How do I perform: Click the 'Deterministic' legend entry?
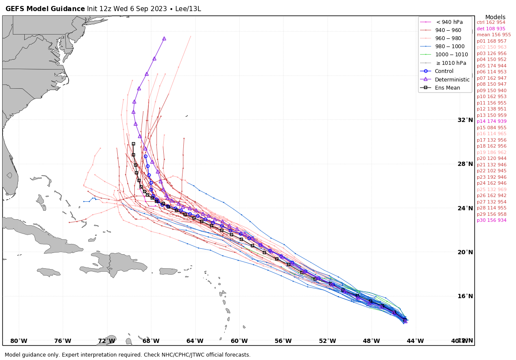tap(452, 79)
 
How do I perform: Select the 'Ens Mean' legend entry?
tap(447, 88)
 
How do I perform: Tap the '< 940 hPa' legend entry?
tap(449, 22)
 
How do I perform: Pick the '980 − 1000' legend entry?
tap(451, 46)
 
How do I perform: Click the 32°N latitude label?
tap(465, 120)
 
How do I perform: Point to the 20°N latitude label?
tap(465, 252)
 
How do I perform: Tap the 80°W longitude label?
tap(19, 341)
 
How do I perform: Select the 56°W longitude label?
tap(283, 341)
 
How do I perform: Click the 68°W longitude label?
tap(151, 341)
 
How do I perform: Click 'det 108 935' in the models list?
tap(491, 29)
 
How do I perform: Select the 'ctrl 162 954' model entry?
tap(491, 23)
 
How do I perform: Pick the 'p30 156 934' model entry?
tap(491, 221)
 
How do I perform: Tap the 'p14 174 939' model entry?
tap(491, 122)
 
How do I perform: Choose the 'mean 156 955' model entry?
tap(493, 35)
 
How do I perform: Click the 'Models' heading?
tap(495, 17)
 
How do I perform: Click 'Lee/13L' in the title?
tap(186, 9)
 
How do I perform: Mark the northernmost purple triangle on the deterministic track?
tap(164, 38)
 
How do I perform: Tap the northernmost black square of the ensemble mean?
tap(133, 144)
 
